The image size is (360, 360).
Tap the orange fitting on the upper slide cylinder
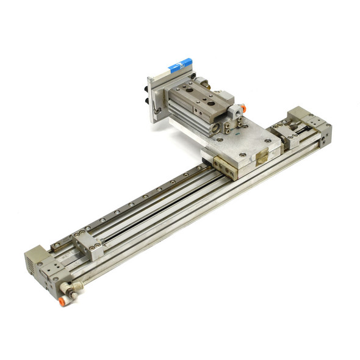coord(242,108)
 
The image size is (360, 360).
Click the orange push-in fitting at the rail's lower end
coord(63,301)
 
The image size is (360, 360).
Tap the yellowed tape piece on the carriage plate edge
coord(262,158)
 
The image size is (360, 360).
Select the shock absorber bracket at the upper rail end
coord(287,137)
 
